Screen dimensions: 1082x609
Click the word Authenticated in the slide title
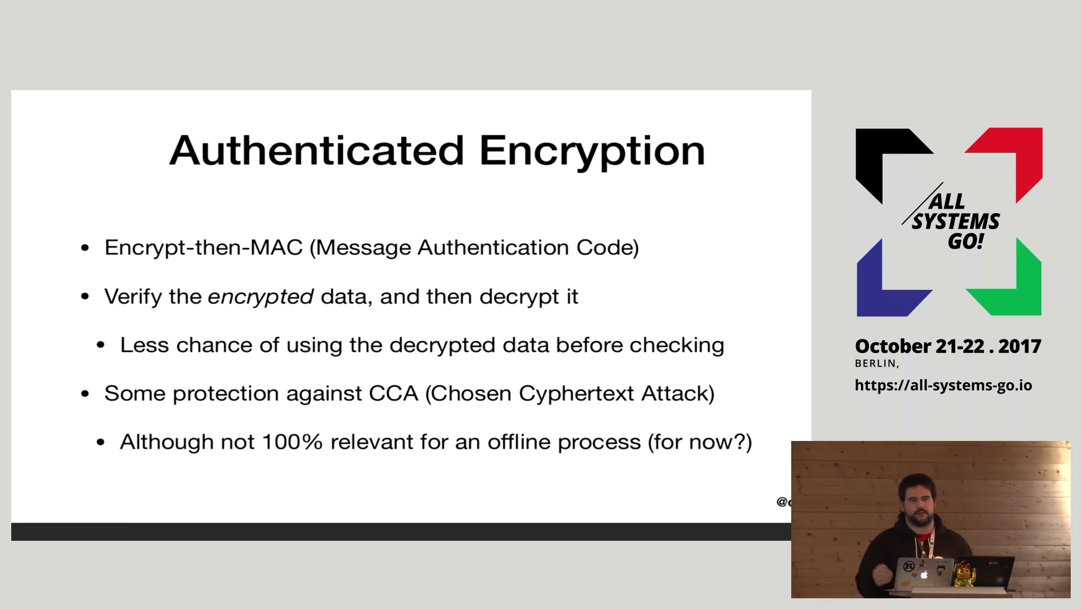317,151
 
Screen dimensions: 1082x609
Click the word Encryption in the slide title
592,152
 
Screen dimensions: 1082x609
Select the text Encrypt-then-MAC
203,248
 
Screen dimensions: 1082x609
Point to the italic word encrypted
260,297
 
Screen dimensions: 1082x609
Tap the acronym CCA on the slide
393,393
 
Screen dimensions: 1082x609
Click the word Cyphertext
576,394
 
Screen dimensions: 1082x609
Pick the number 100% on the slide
292,442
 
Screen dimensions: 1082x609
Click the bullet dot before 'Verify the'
85,297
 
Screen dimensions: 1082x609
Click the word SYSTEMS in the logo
956,222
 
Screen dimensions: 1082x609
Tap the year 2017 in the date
1019,346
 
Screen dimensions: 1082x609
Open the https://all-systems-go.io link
943,385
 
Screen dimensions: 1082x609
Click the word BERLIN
876,364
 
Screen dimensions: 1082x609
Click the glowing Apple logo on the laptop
924,575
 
